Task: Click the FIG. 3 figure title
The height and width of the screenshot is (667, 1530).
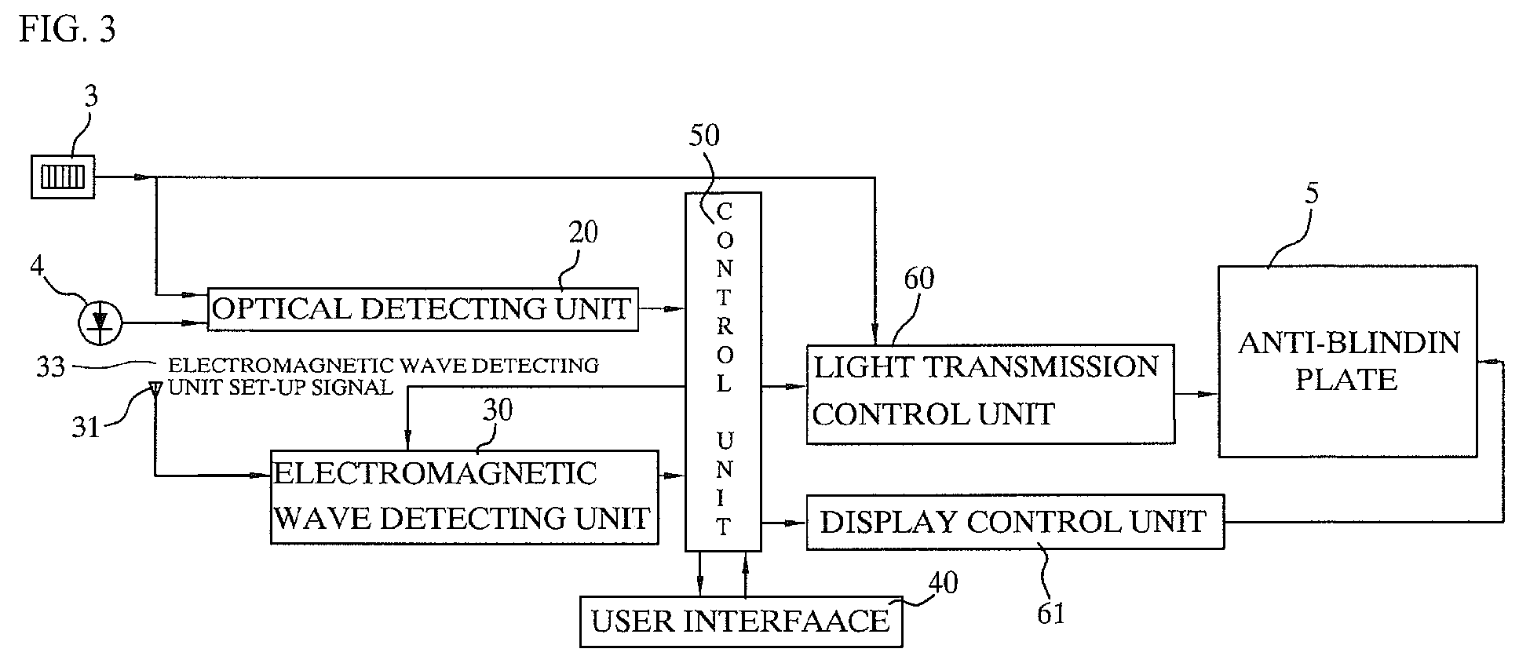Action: [x=68, y=30]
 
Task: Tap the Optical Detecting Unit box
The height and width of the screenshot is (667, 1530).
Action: [x=422, y=309]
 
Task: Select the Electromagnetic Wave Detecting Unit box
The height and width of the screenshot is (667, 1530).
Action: [x=464, y=497]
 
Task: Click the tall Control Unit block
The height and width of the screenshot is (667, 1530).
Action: [x=723, y=371]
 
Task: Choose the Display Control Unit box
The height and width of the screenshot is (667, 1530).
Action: [x=1014, y=522]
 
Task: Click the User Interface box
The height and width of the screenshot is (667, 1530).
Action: [x=740, y=621]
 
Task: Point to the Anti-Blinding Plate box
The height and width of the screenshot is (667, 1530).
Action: [x=1347, y=362]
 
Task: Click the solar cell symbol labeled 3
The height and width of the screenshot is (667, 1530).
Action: [x=63, y=177]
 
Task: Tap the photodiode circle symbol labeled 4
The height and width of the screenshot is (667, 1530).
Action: [x=100, y=323]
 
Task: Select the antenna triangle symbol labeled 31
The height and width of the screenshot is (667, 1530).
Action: [x=155, y=387]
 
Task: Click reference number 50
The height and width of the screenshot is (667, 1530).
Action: [x=703, y=136]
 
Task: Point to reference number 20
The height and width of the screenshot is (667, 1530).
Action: [x=582, y=232]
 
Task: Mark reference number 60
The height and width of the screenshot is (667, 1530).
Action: [x=918, y=279]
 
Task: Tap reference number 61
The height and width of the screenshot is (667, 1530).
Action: [x=1050, y=613]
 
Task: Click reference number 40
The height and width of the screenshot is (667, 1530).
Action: [x=943, y=583]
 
